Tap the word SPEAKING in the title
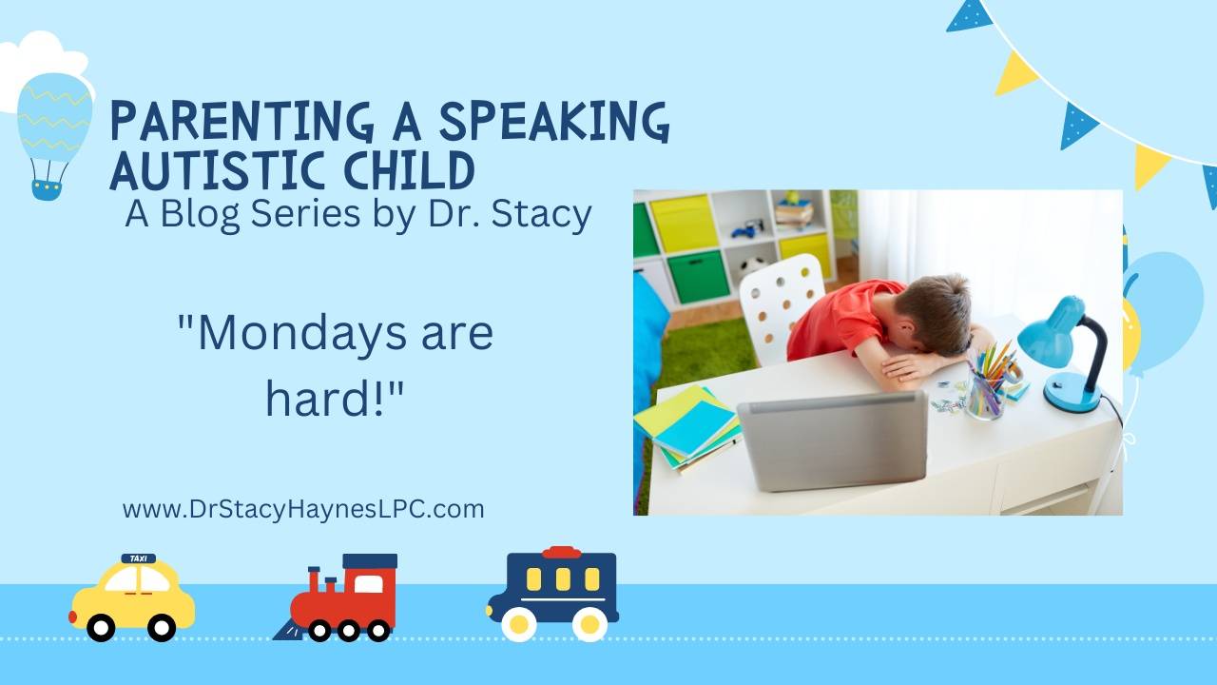click(x=554, y=122)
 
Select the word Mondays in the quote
click(x=287, y=334)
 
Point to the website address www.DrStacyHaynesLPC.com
click(x=303, y=509)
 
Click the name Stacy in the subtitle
click(x=546, y=214)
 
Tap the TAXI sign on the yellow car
click(x=139, y=558)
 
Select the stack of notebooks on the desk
click(x=686, y=427)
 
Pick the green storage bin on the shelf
click(x=698, y=275)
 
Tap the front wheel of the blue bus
click(x=519, y=623)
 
